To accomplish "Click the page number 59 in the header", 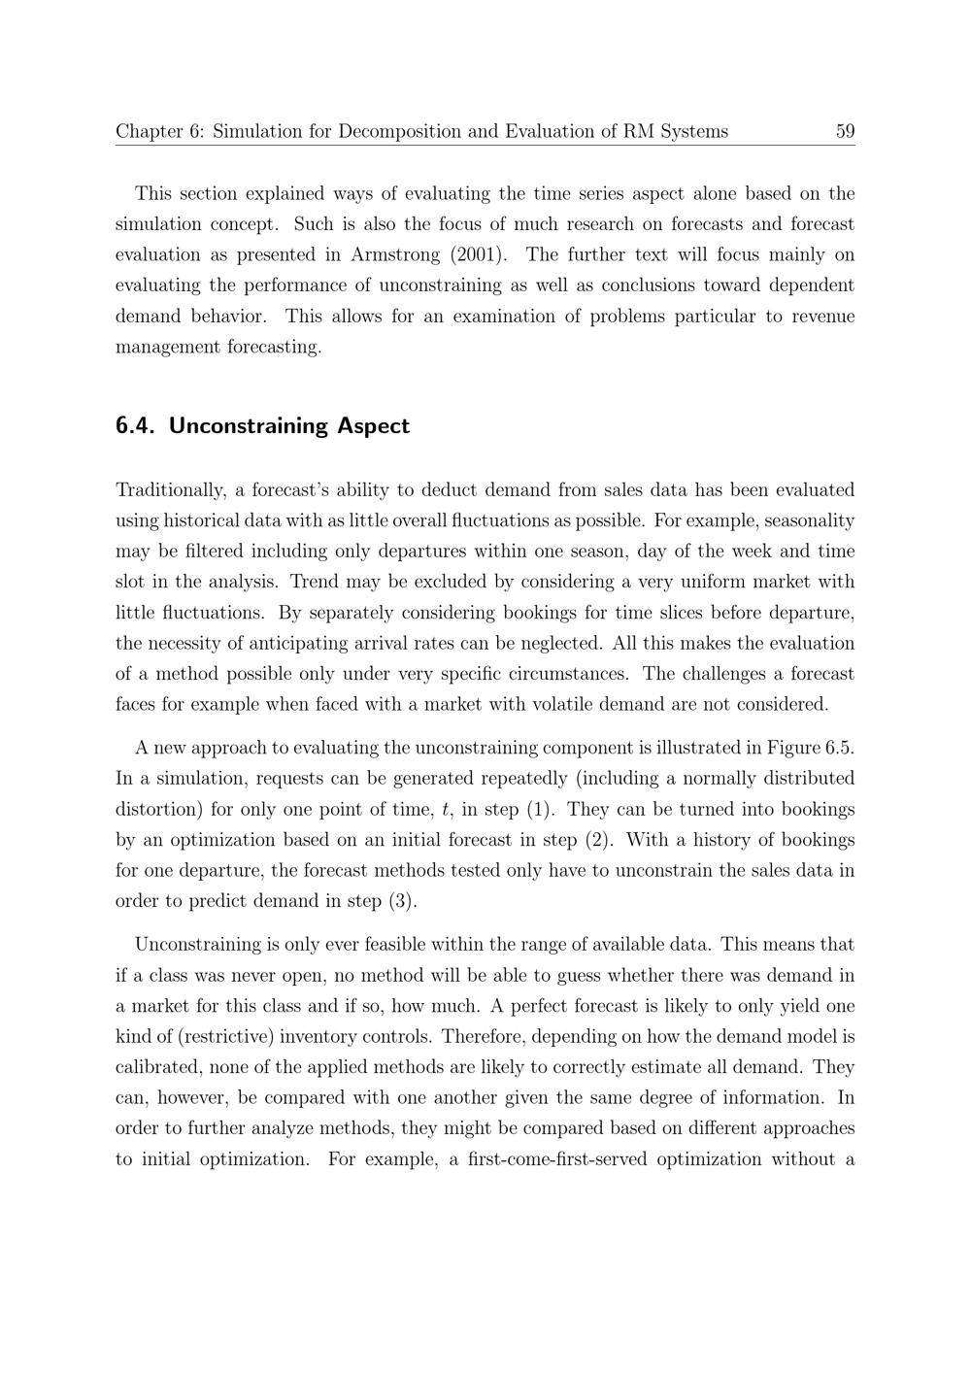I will (x=844, y=131).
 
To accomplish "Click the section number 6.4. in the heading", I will (x=136, y=426).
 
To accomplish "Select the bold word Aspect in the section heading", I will (x=373, y=426).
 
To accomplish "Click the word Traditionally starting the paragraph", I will (x=170, y=489).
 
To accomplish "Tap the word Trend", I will (x=314, y=582).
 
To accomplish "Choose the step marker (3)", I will (x=402, y=901).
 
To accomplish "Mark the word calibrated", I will (x=160, y=1067).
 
